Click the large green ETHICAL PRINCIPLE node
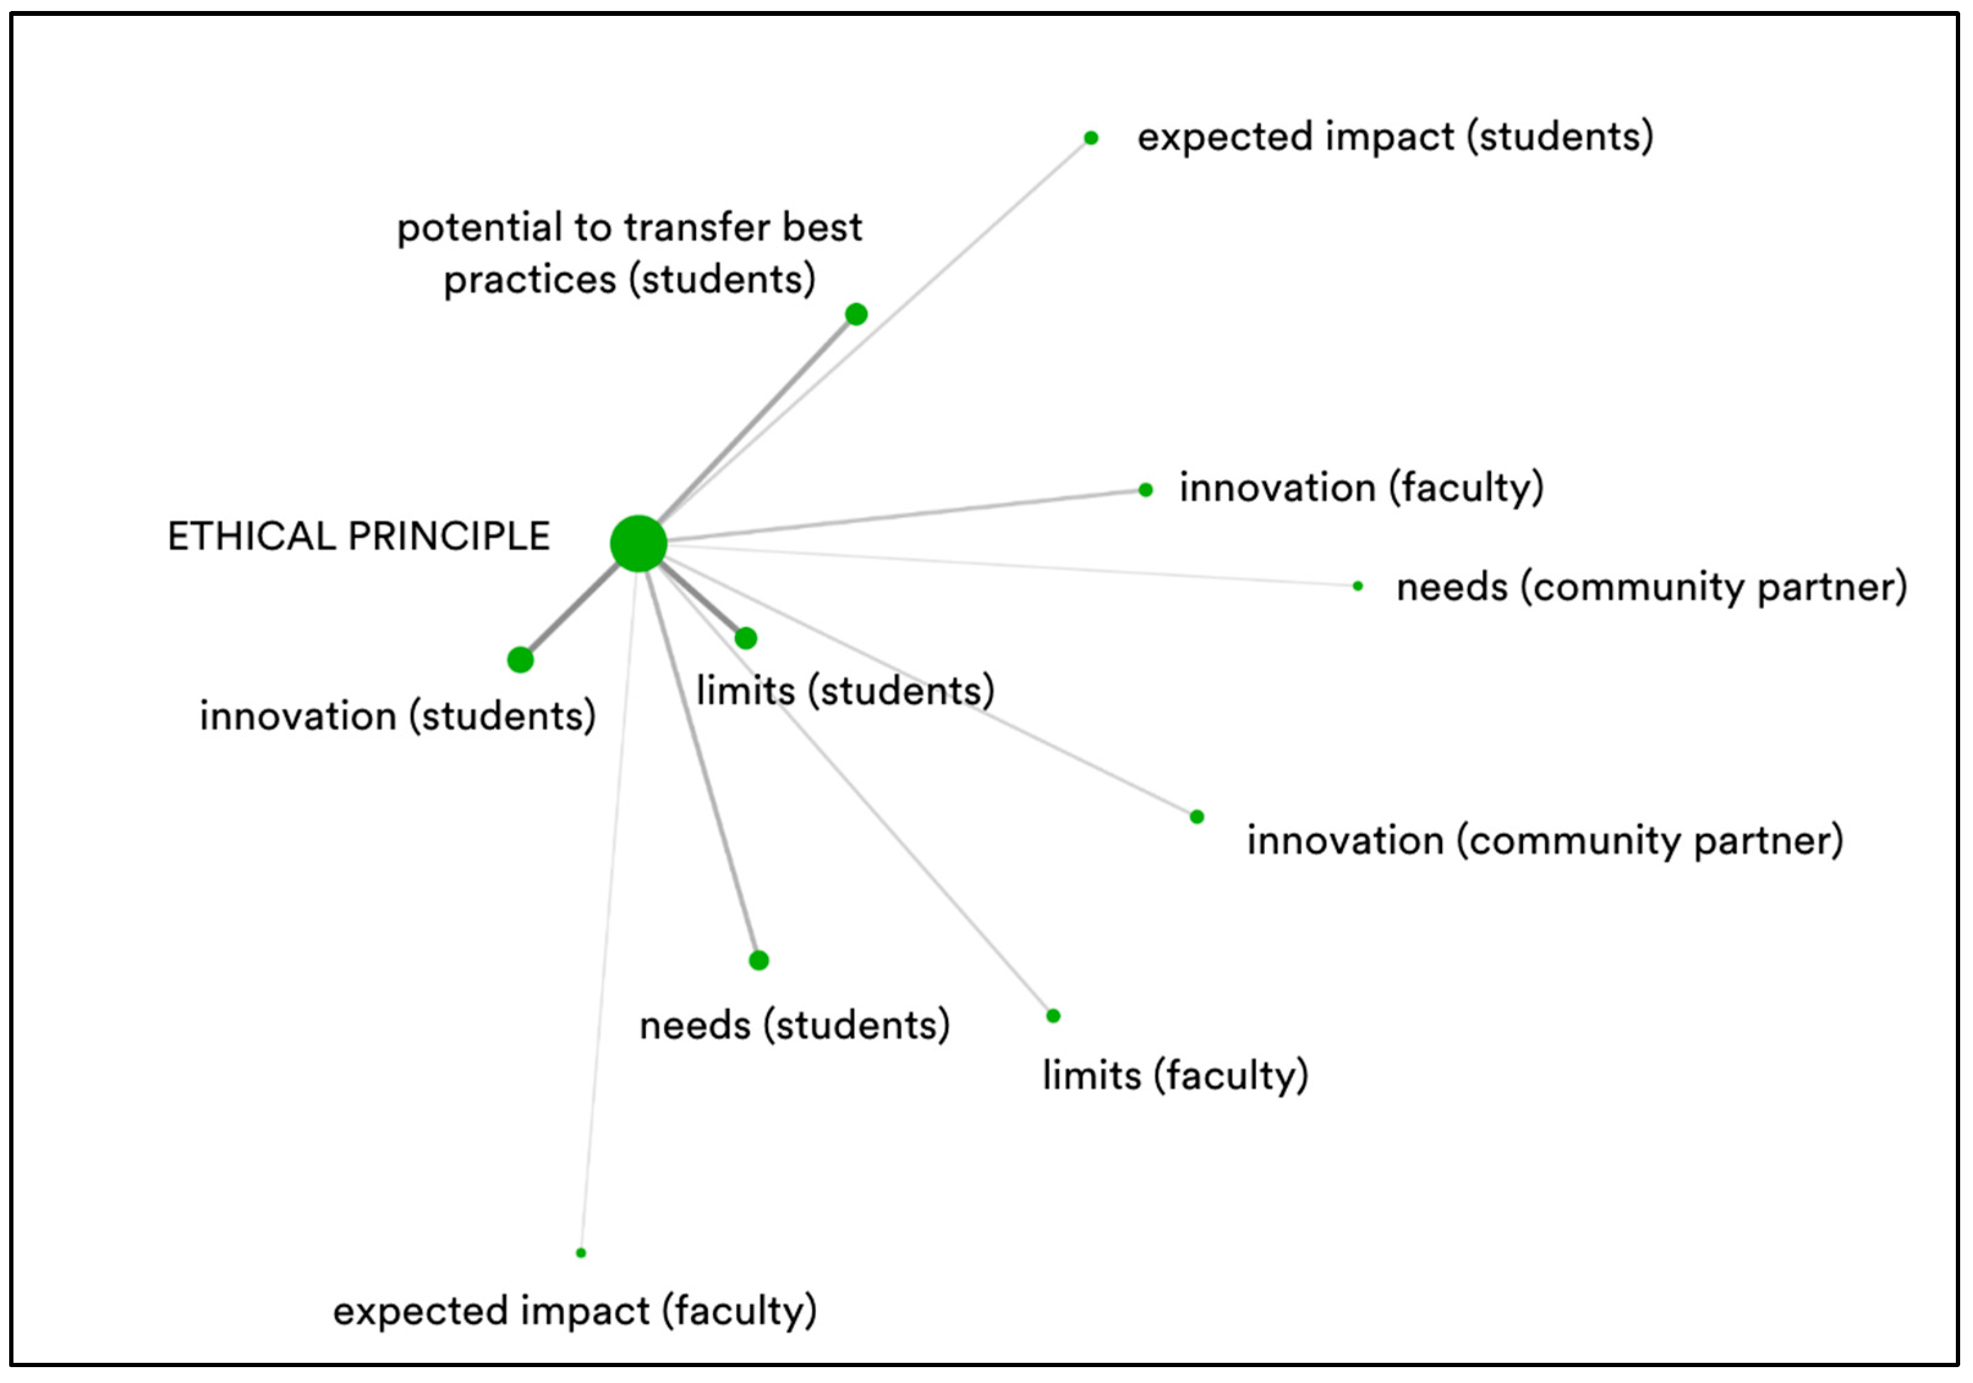[639, 543]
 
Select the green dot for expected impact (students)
[1090, 138]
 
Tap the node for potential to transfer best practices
[856, 314]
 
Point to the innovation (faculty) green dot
[1146, 490]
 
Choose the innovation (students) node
[520, 660]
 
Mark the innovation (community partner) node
[1197, 817]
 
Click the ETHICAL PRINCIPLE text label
[358, 537]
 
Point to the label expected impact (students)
[1394, 138]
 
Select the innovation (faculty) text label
[1361, 488]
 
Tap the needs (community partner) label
[1651, 588]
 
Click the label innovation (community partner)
[1545, 841]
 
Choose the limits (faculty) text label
[1175, 1075]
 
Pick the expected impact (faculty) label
[575, 1311]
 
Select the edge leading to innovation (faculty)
[902, 516]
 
